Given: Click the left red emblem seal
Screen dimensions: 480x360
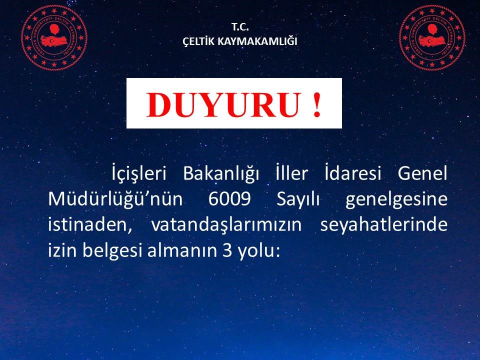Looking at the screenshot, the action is point(54,37).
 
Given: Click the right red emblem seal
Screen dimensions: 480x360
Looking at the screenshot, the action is point(432,37).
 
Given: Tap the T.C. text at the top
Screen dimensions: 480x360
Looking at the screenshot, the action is point(240,27).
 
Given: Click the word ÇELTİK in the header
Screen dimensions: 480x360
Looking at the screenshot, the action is point(198,41).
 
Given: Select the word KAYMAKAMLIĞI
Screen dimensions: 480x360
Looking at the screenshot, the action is point(257,41).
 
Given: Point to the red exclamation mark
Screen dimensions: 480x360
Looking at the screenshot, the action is point(317,104).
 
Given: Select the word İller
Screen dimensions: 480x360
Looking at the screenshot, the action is point(291,173).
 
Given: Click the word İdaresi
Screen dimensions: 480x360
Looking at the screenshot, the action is point(353,173).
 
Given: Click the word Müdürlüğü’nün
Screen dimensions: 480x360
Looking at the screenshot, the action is point(115,199).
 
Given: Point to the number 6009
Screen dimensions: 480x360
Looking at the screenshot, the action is point(229,199).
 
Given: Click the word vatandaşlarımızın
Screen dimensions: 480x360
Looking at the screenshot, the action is point(226,225).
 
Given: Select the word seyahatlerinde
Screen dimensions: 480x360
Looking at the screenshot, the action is point(384,225).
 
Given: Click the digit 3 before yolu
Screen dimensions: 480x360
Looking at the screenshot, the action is point(227,250).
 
